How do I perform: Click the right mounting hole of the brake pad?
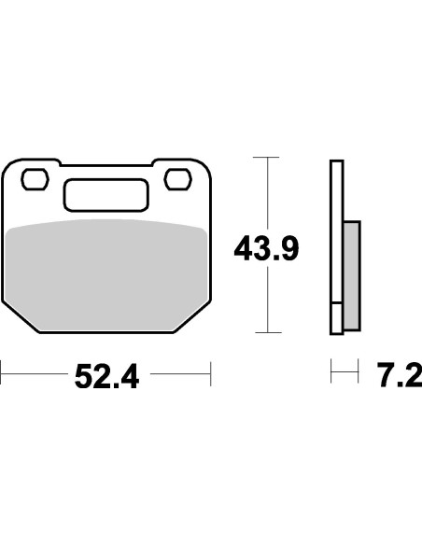pyautogui.click(x=176, y=177)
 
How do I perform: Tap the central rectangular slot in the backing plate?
pyautogui.click(x=106, y=195)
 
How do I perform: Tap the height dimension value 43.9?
pyautogui.click(x=265, y=250)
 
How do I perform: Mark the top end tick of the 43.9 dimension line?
pyautogui.click(x=267, y=158)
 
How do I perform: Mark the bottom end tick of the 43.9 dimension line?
pyautogui.click(x=267, y=332)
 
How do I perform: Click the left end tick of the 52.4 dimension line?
pyautogui.click(x=2, y=375)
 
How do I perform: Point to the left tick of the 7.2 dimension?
pyautogui.click(x=331, y=375)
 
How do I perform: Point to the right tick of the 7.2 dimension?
pyautogui.click(x=359, y=375)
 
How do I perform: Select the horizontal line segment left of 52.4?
pyautogui.click(x=33, y=375)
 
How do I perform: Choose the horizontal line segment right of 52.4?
pyautogui.click(x=179, y=375)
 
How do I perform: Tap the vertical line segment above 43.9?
pyautogui.click(x=267, y=191)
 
